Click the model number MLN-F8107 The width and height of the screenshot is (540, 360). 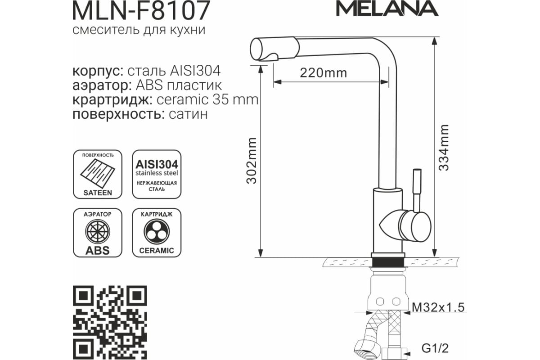141,10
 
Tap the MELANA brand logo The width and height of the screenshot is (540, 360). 387,9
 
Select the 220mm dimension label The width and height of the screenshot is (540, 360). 324,73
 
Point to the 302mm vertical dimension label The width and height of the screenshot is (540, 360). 252,161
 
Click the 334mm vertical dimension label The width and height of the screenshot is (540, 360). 444,148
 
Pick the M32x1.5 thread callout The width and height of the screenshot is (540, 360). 438,307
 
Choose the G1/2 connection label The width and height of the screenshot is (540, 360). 435,348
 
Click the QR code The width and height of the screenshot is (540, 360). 110,323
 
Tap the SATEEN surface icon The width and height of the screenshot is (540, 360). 98,174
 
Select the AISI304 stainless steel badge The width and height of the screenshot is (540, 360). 157,174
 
